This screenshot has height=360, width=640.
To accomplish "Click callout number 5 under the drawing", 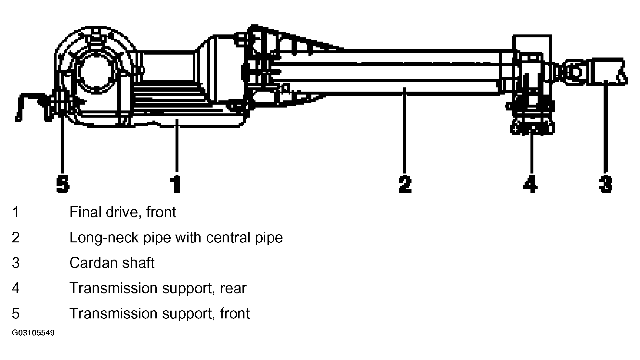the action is tap(62, 184).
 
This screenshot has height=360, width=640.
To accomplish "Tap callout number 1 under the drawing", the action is tap(176, 184).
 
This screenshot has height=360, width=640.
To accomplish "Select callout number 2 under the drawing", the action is tap(405, 184).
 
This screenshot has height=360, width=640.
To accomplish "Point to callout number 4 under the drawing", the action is tap(530, 184).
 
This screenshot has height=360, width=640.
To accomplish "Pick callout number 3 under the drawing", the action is tap(606, 184).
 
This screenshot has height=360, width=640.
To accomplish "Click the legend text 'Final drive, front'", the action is tap(123, 212).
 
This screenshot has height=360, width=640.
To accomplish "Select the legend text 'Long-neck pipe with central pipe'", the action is tap(176, 238).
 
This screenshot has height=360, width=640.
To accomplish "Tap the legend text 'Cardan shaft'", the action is tap(112, 263).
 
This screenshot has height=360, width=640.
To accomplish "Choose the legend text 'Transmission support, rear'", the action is tap(158, 288).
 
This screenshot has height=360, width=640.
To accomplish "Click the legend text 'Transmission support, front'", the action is tap(160, 314).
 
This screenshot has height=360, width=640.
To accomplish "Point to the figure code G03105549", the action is tap(33, 333).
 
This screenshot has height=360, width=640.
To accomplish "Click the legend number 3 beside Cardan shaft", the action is tap(16, 263).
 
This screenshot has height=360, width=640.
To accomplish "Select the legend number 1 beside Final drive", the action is tap(16, 212).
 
